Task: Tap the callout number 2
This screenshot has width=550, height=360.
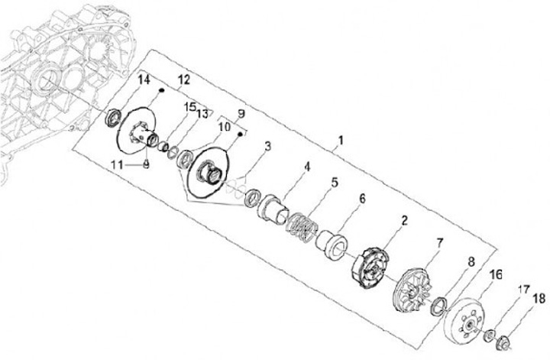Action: coord(404,221)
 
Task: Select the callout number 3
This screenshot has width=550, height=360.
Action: coord(268,145)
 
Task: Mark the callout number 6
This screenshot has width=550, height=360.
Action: coord(362,198)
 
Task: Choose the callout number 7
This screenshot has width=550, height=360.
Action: coord(439,243)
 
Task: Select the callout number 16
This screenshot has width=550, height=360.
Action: coord(495,274)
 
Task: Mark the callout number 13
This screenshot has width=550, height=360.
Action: coord(202,114)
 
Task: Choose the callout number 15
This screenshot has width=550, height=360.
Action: coord(189,106)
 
